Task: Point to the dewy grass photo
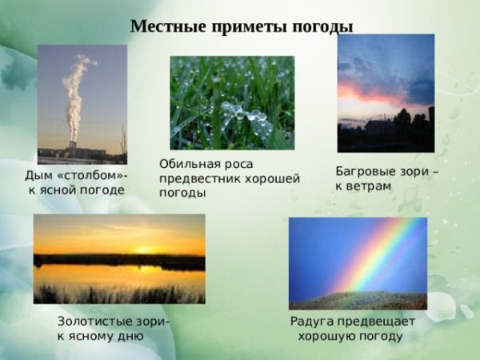point(232,102)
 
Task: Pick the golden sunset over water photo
point(119,258)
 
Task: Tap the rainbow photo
point(358,263)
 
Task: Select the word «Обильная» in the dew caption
point(186,163)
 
